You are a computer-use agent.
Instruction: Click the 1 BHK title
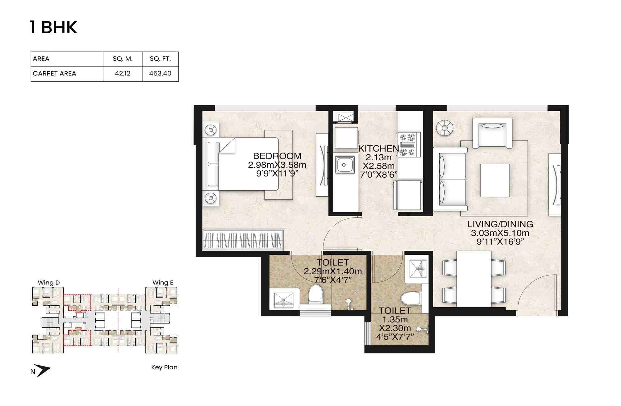pos(53,27)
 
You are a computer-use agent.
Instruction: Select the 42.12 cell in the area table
pos(123,74)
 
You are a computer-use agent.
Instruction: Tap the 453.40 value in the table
pos(160,74)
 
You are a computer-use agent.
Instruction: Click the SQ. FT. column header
pos(160,59)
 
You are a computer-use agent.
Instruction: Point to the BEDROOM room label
pos(277,156)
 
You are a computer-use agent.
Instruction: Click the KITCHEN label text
pos(378,148)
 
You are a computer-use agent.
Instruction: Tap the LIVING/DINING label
pos(500,224)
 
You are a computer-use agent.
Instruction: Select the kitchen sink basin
pos(344,165)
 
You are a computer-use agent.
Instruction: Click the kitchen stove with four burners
pos(408,144)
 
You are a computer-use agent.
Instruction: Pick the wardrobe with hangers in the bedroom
pos(243,240)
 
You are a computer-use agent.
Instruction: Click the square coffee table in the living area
pos(495,180)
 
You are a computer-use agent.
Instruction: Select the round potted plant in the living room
pos(444,128)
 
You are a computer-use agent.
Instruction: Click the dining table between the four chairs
pos(474,279)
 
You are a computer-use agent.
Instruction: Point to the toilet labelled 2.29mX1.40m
pos(333,271)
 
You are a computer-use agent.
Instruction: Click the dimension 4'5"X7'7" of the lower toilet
pos(395,337)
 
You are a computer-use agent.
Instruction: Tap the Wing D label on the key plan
pos(49,283)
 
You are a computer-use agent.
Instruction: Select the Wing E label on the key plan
pos(163,283)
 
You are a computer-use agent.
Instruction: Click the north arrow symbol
pos(42,371)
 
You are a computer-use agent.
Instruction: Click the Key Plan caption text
pos(164,367)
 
